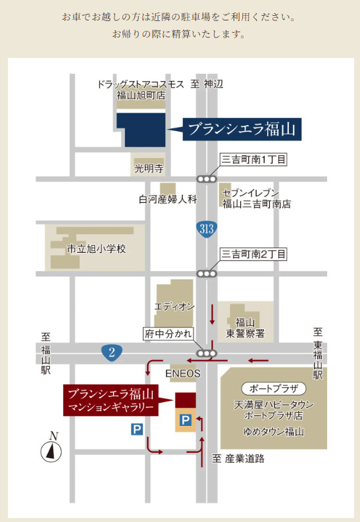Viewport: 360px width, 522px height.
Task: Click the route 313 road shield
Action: (207, 228)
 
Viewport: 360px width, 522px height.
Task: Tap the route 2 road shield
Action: (112, 352)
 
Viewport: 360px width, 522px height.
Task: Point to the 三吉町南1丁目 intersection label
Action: (253, 160)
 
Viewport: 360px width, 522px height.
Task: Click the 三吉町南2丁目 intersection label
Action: (253, 254)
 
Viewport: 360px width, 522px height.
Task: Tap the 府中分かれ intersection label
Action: (168, 334)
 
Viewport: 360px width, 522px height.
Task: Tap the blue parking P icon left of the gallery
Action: (137, 429)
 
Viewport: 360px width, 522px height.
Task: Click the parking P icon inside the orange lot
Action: (186, 419)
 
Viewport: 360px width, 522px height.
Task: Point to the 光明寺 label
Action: (148, 169)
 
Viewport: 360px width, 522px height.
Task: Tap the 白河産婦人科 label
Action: (167, 199)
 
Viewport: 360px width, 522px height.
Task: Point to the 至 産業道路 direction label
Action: (238, 458)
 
